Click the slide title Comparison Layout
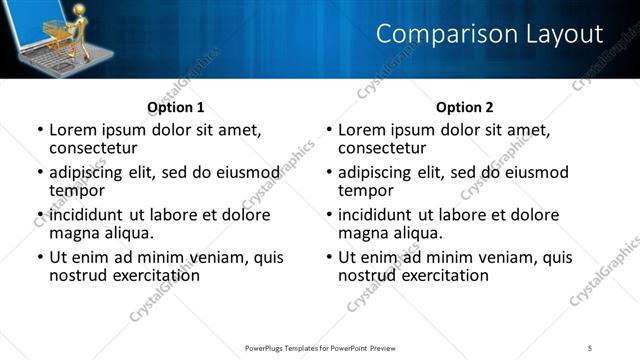(x=489, y=35)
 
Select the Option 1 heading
(x=175, y=107)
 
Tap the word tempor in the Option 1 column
(x=76, y=190)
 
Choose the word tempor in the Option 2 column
(x=365, y=190)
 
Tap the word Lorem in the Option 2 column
(x=361, y=130)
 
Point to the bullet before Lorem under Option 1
(x=40, y=131)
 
